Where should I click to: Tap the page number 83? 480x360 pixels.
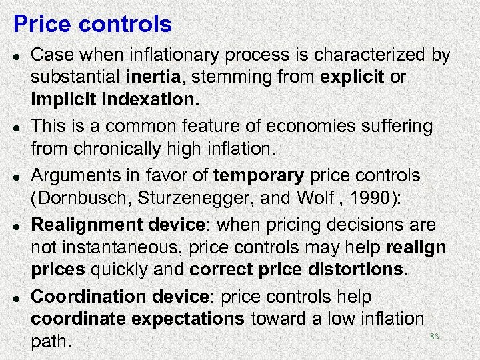[x=434, y=337]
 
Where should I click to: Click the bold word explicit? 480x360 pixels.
[x=352, y=78]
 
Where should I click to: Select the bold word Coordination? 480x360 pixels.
[x=87, y=296]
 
